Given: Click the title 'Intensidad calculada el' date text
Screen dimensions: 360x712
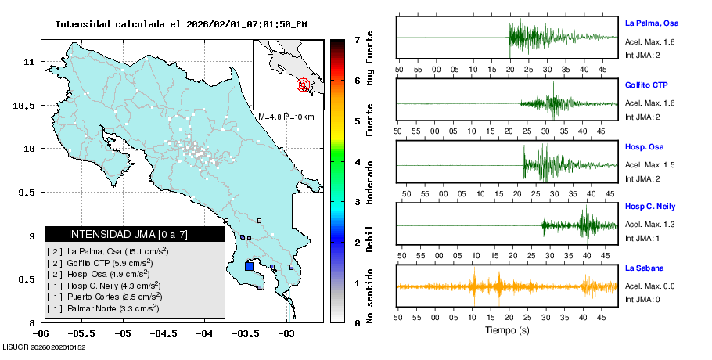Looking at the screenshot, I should pyautogui.click(x=180, y=23).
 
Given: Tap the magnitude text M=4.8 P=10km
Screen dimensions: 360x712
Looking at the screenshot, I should pyautogui.click(x=286, y=117).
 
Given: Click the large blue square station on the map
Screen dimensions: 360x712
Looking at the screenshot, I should pyautogui.click(x=249, y=266).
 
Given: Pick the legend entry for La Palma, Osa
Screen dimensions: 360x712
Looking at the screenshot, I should pyautogui.click(x=109, y=251).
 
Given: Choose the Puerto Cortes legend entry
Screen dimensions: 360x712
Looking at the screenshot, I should pyautogui.click(x=105, y=297).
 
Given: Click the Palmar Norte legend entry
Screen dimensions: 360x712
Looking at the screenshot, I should pyautogui.click(x=103, y=308).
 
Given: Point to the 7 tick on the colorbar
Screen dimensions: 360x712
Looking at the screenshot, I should pyautogui.click(x=357, y=39).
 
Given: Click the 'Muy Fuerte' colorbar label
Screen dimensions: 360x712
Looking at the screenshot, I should pyautogui.click(x=370, y=59).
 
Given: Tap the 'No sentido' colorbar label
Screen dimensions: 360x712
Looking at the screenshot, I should pyautogui.click(x=370, y=298).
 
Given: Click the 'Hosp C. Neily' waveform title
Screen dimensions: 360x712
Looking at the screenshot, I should pyautogui.click(x=650, y=206).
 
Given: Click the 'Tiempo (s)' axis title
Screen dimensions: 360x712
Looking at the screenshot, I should pyautogui.click(x=508, y=331).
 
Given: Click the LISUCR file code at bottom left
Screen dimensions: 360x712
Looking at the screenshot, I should pyautogui.click(x=44, y=347).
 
